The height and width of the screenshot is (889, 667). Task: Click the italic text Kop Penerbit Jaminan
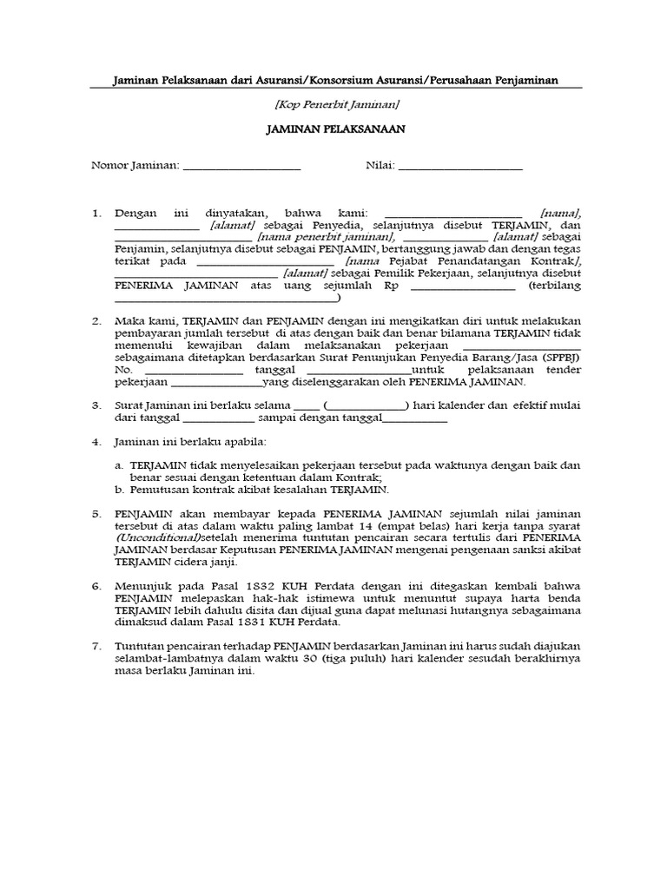(336, 104)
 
